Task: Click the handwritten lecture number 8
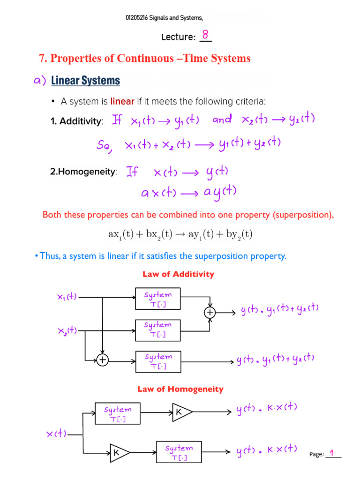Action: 205,35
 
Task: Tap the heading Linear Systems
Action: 85,81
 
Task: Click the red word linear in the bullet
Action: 122,101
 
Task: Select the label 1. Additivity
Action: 76,122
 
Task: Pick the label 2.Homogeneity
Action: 83,172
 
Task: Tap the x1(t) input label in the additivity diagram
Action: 67,297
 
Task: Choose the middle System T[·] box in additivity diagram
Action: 158,329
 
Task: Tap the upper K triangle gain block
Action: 181,412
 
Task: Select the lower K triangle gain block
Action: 119,452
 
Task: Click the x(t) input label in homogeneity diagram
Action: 56,434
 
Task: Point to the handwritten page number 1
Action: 332,453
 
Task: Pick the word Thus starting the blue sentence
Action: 49,256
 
